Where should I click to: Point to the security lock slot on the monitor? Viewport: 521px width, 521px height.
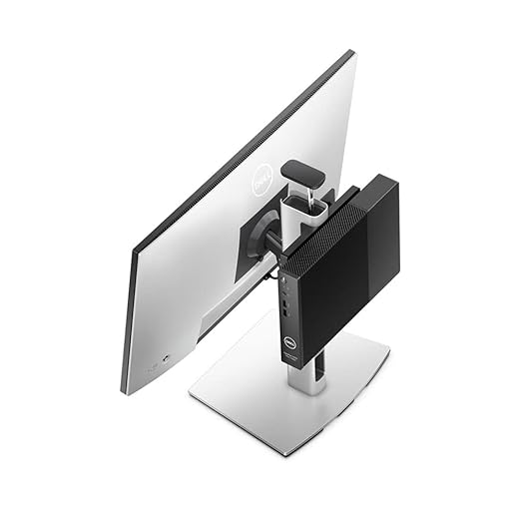pos(153,368)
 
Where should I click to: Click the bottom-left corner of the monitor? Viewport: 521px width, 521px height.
pos(126,389)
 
